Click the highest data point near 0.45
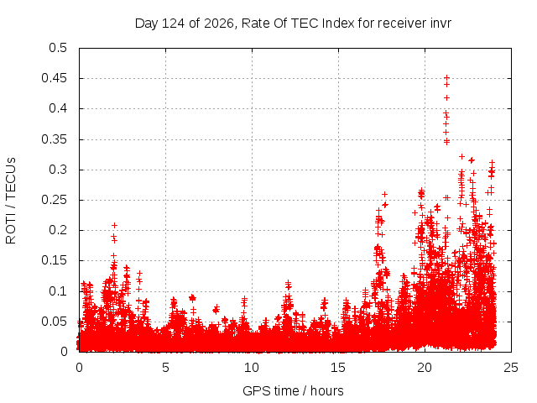(x=446, y=78)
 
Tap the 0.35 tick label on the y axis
(x=54, y=139)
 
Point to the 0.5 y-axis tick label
(x=58, y=48)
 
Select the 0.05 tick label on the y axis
(x=54, y=322)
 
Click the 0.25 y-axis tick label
(x=54, y=200)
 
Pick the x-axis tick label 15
(x=337, y=368)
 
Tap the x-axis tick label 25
(x=511, y=368)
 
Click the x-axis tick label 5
(x=165, y=368)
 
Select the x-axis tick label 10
(x=252, y=368)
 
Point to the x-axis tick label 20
(x=425, y=368)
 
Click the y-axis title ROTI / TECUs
(x=11, y=201)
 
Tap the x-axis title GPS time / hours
(x=293, y=390)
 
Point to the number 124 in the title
(x=173, y=24)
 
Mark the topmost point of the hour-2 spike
(x=115, y=225)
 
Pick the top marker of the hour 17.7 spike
(x=384, y=194)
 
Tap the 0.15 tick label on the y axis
(x=54, y=260)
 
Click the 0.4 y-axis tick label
(x=58, y=108)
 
